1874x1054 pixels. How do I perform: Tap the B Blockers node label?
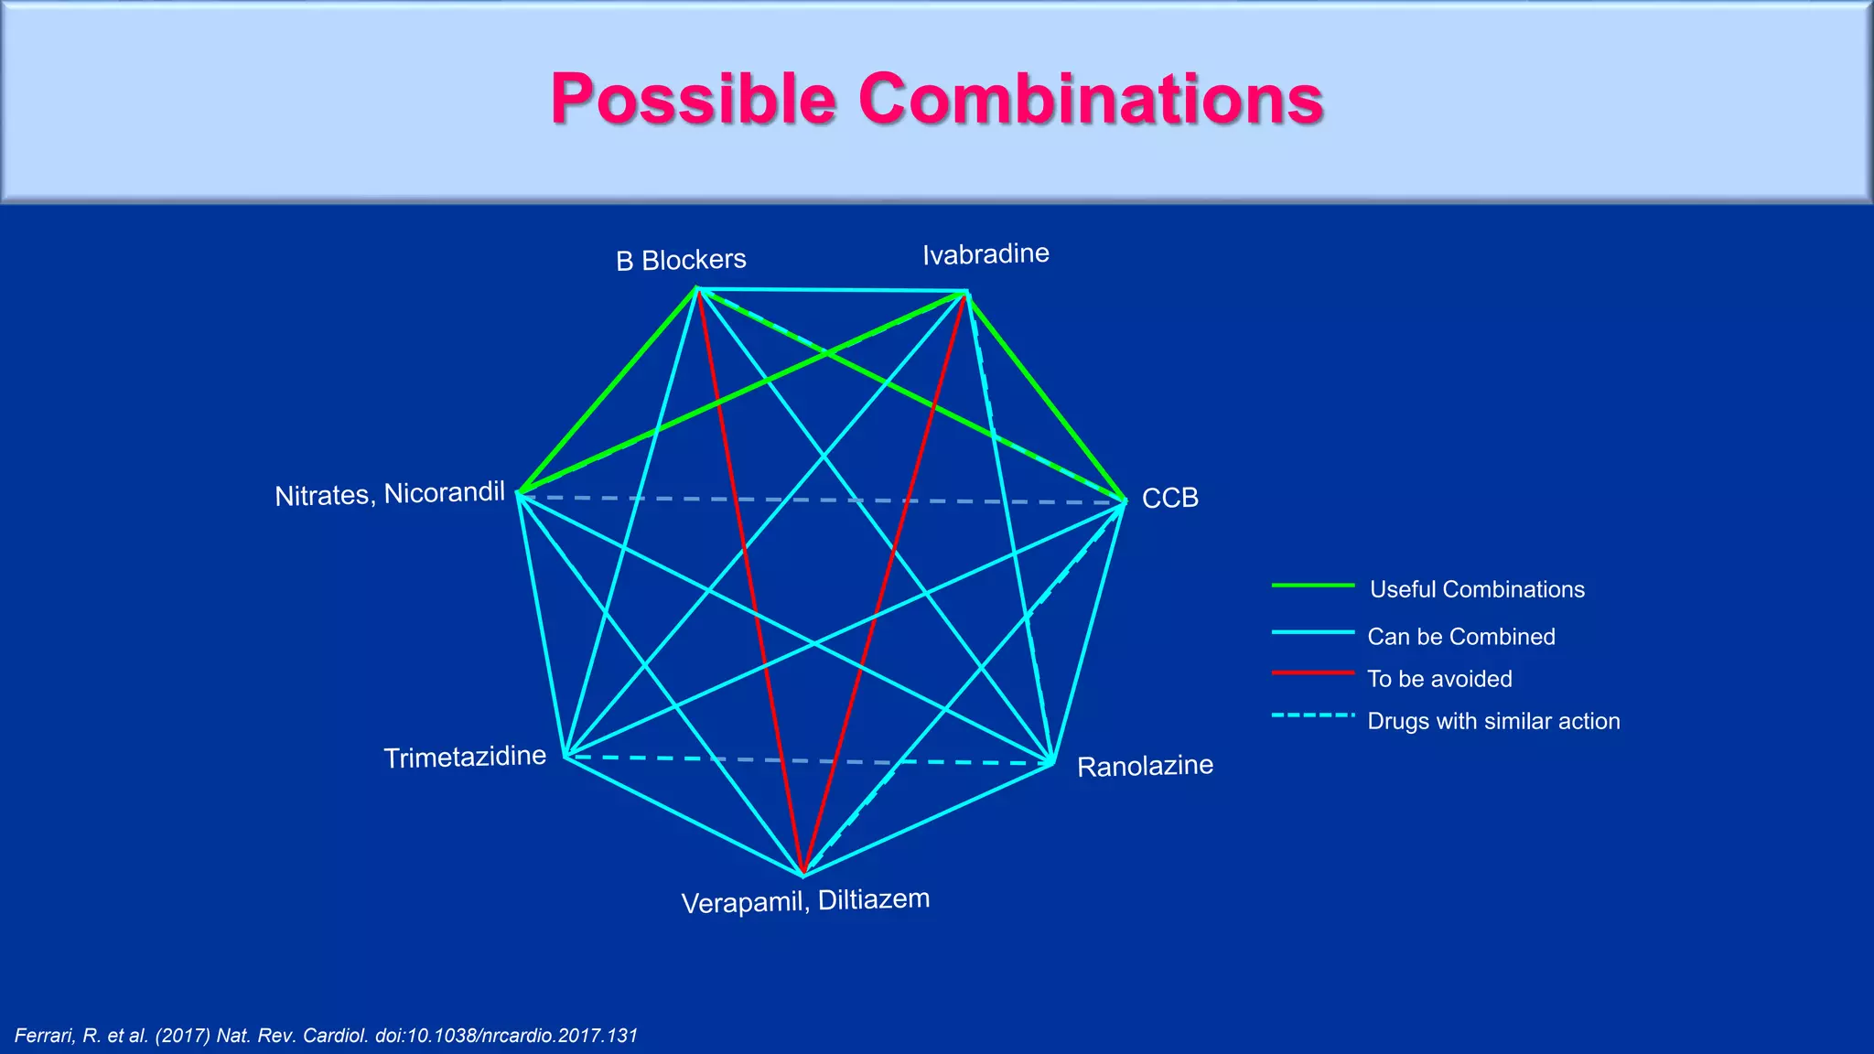click(x=681, y=260)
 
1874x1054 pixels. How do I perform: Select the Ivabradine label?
click(x=985, y=253)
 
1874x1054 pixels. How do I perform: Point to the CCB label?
click(x=1169, y=498)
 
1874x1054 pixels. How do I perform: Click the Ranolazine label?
click(x=1145, y=765)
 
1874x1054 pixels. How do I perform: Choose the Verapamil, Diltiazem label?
click(x=805, y=901)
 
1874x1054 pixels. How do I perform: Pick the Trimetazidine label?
click(x=465, y=757)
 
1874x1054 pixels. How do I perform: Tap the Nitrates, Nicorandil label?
click(x=390, y=494)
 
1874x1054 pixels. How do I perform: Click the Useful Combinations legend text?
click(x=1477, y=589)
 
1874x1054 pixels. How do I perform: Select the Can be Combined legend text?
click(x=1461, y=637)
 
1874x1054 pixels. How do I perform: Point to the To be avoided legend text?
click(x=1439, y=679)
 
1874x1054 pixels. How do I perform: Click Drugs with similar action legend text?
click(x=1493, y=721)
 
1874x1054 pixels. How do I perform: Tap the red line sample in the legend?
click(x=1312, y=673)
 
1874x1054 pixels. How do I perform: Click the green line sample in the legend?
click(x=1312, y=585)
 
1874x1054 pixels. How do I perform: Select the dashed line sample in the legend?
click(x=1312, y=715)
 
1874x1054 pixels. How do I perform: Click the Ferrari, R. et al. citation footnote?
click(x=326, y=1036)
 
